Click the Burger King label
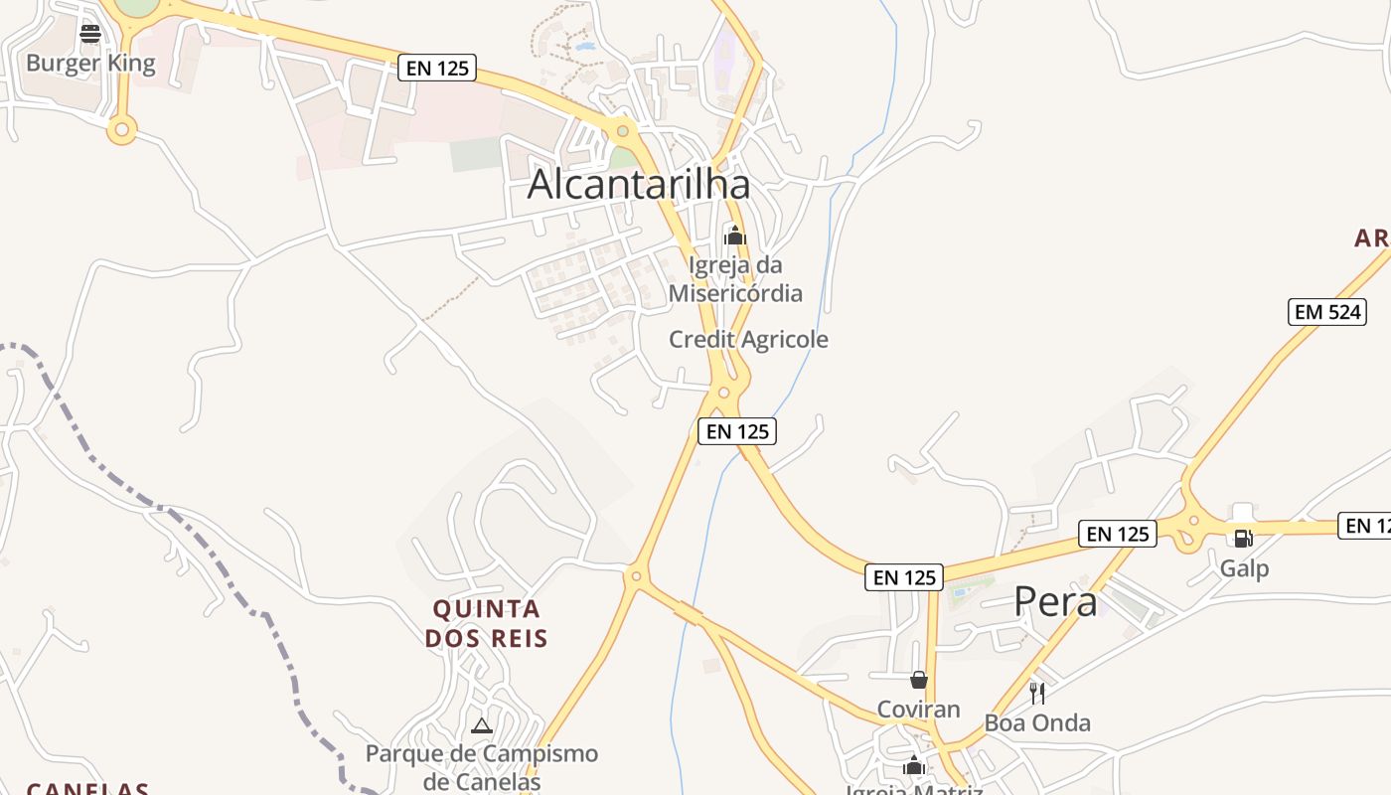[90, 64]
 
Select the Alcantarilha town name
[638, 185]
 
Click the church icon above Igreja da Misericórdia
[735, 236]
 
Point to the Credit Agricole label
[748, 339]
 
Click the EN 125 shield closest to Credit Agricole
[736, 431]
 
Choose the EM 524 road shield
[1327, 312]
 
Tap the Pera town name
[1055, 602]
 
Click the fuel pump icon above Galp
[1242, 539]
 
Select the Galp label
[1245, 569]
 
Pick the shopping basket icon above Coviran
[919, 680]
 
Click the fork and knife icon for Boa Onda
[1037, 693]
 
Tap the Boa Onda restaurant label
[1037, 722]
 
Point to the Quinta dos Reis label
[486, 623]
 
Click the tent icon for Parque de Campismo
[482, 726]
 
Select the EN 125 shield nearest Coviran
[904, 577]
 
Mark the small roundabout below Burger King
[122, 128]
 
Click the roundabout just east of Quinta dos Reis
[636, 575]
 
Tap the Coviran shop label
[918, 710]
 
